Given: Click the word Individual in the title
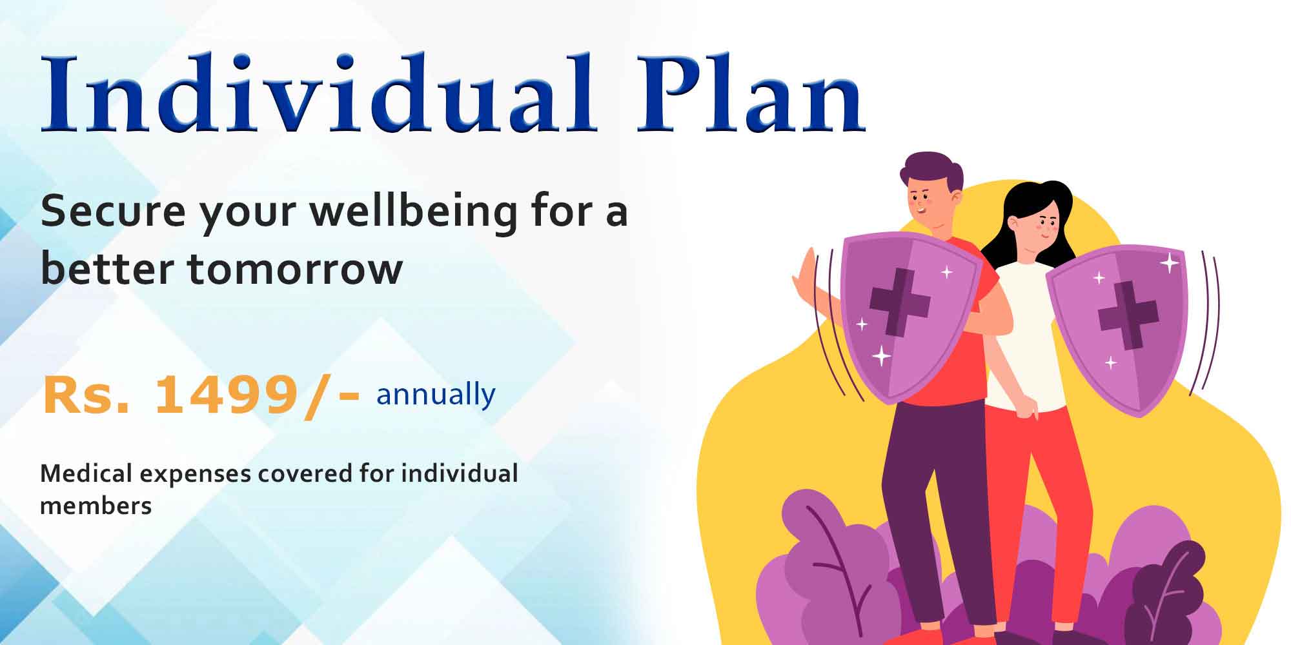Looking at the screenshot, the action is tap(318, 93).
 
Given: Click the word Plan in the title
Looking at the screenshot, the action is tap(750, 93).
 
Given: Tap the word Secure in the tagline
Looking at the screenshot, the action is tap(113, 211).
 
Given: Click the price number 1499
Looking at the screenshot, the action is tap(225, 395).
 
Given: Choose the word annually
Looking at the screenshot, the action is tap(436, 395).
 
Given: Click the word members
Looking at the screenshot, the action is tap(96, 506).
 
